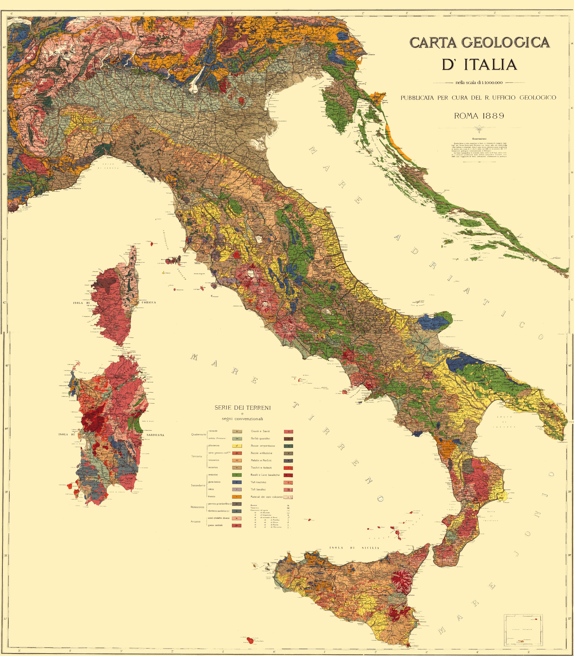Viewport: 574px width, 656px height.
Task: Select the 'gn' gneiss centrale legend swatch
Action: pyautogui.click(x=237, y=525)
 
